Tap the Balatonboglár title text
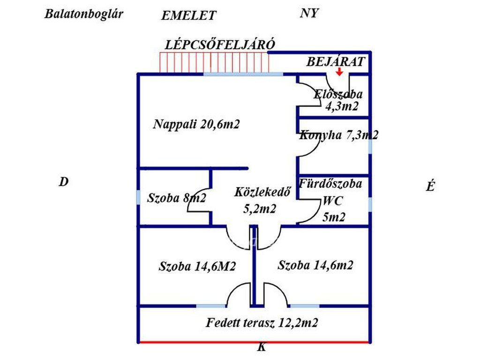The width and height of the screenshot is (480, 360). point(84,14)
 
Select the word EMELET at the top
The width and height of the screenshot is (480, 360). point(188,15)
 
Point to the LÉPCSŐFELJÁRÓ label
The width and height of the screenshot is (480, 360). point(220,45)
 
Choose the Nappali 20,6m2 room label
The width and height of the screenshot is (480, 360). point(197,125)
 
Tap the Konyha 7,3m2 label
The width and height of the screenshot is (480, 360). point(339,135)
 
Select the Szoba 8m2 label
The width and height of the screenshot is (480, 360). point(176,198)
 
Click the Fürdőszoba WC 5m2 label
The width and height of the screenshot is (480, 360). point(330,200)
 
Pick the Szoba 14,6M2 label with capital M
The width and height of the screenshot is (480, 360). point(197,267)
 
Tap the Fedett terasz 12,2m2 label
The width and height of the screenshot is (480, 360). point(262,322)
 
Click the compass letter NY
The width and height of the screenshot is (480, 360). point(309,14)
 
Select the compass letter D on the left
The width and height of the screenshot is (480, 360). point(64,182)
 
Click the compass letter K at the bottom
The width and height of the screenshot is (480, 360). point(262,348)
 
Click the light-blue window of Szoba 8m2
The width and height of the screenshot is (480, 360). point(138,197)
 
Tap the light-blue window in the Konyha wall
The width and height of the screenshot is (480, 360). point(370,146)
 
